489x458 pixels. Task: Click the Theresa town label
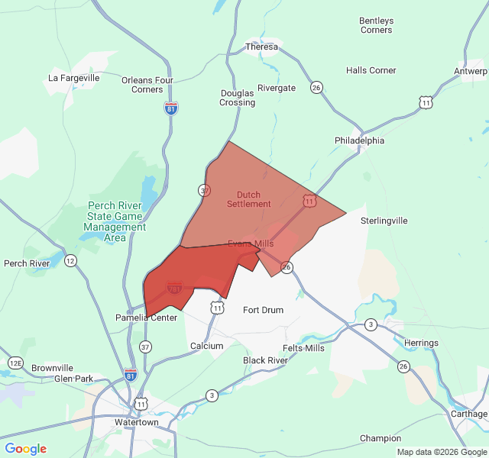(262, 47)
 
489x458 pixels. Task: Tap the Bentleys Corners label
(376, 25)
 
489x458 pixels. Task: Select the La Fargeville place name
(74, 78)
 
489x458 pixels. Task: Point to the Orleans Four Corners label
(147, 84)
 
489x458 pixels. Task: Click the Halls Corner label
(371, 70)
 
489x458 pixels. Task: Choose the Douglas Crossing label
(238, 98)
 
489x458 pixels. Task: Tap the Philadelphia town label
(359, 140)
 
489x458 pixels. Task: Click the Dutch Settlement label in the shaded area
(249, 199)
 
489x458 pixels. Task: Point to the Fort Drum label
(263, 310)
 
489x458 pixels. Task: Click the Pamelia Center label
(146, 318)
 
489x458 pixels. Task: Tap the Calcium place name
(206, 346)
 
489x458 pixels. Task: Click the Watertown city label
(136, 422)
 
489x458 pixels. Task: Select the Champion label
(381, 438)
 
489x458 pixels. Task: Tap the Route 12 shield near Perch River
(70, 261)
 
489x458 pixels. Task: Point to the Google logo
(26, 449)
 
